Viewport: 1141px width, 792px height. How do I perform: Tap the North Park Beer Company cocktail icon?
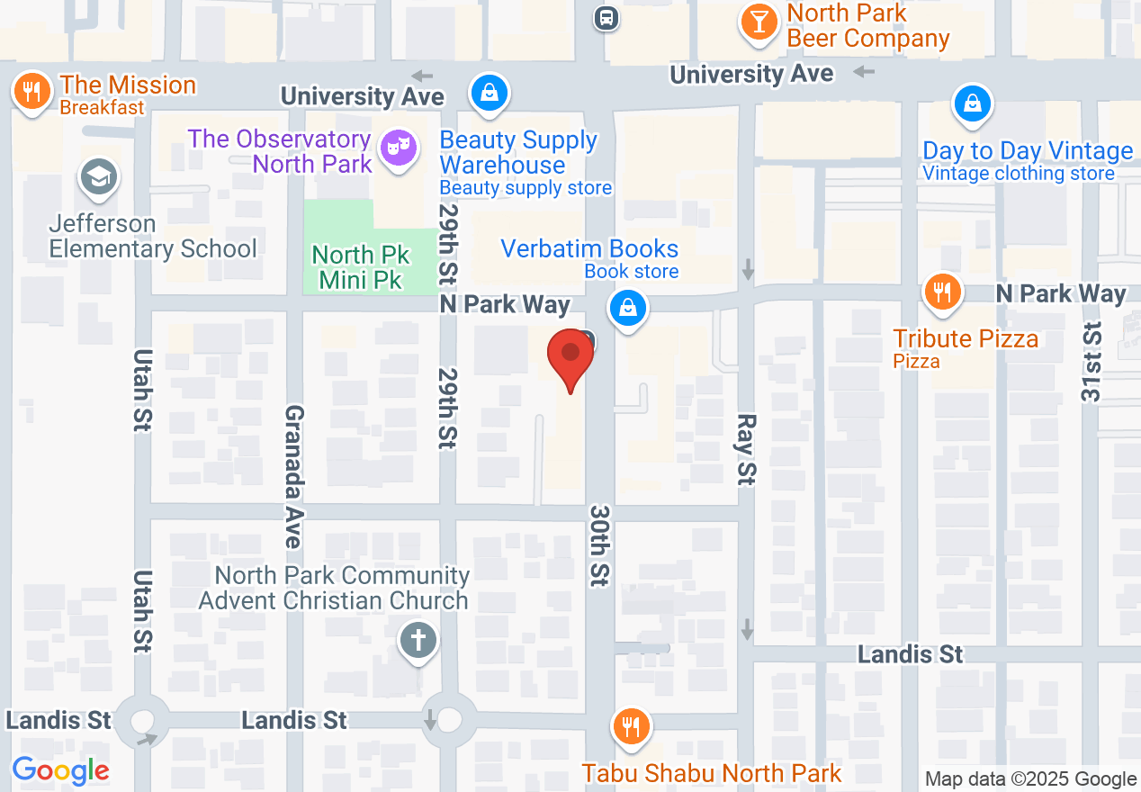point(759,22)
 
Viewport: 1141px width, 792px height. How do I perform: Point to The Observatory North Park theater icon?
point(398,148)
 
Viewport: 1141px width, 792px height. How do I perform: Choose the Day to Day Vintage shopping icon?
point(972,103)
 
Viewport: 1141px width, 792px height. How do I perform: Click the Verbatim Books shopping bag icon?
point(628,308)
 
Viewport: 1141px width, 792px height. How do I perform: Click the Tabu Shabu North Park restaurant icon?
point(632,725)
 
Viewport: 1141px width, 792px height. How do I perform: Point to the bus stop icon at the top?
point(606,17)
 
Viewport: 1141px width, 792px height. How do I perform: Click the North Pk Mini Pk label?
point(361,267)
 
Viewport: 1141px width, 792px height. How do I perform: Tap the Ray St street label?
point(745,449)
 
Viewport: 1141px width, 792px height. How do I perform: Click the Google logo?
point(60,770)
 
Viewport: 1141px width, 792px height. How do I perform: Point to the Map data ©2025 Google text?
point(1030,779)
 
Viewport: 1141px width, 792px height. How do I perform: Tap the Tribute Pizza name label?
point(966,338)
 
